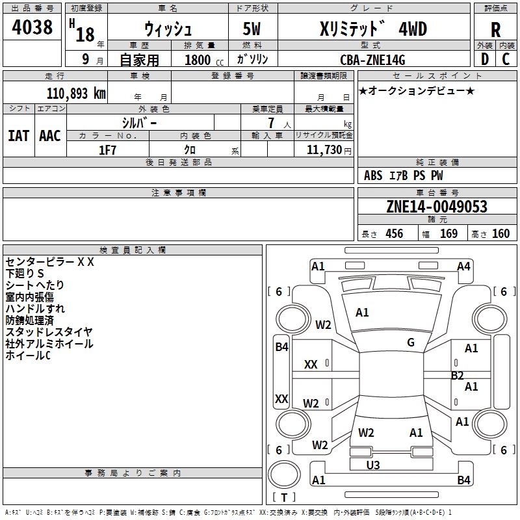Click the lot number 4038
pyautogui.click(x=32, y=27)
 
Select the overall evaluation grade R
pyautogui.click(x=495, y=29)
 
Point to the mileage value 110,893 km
pyautogui.click(x=76, y=94)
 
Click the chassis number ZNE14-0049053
pyautogui.click(x=437, y=207)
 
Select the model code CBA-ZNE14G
pyautogui.click(x=372, y=60)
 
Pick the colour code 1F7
pyautogui.click(x=107, y=149)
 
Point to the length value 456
pyautogui.click(x=394, y=234)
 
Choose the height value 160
pyautogui.click(x=500, y=234)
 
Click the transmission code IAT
pyautogui.click(x=18, y=136)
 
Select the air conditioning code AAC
pyautogui.click(x=50, y=136)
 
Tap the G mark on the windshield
pyautogui.click(x=411, y=342)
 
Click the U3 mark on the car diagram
pyautogui.click(x=373, y=465)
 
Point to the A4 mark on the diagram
pyautogui.click(x=463, y=266)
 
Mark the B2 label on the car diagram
pyautogui.click(x=458, y=376)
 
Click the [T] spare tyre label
pyautogui.click(x=284, y=498)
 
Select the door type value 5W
pyautogui.click(x=253, y=30)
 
